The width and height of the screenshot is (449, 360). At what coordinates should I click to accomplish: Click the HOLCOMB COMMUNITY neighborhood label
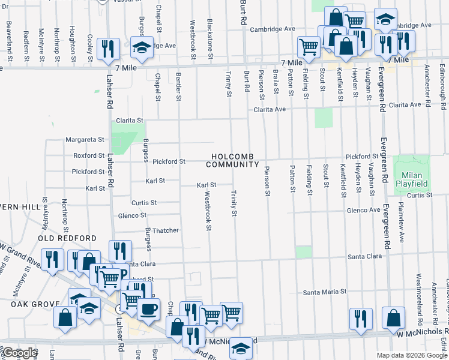click(234, 160)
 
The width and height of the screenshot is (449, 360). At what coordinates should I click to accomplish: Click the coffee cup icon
click(149, 309)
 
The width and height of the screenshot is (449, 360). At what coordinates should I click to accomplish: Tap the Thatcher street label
click(165, 230)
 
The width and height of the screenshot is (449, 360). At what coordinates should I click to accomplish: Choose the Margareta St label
click(85, 140)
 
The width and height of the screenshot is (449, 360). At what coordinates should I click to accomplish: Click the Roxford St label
click(89, 155)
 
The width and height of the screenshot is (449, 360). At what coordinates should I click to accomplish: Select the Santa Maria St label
click(325, 292)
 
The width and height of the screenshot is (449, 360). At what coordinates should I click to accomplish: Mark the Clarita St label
click(130, 120)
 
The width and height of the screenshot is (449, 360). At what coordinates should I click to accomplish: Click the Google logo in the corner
click(20, 353)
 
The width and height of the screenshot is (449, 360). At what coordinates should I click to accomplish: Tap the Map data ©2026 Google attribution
click(411, 355)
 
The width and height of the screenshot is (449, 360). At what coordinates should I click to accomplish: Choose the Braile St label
click(276, 81)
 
